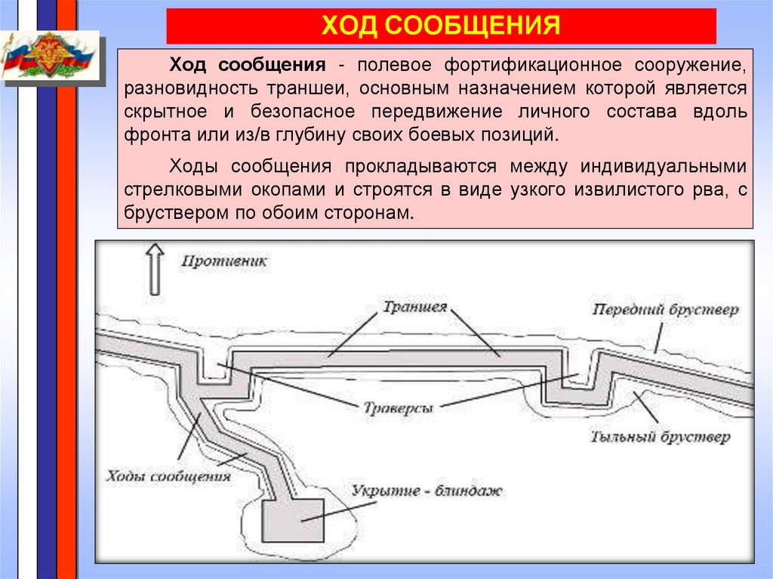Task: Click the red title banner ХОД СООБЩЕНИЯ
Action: tap(441, 26)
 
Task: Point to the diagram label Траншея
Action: tap(414, 307)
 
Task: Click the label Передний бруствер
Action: tap(665, 310)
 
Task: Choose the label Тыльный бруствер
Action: tap(659, 436)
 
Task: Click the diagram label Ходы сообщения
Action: tap(168, 476)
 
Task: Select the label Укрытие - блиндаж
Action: tap(427, 491)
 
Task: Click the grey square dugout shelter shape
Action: tap(293, 520)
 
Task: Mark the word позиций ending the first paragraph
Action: tap(528, 136)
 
